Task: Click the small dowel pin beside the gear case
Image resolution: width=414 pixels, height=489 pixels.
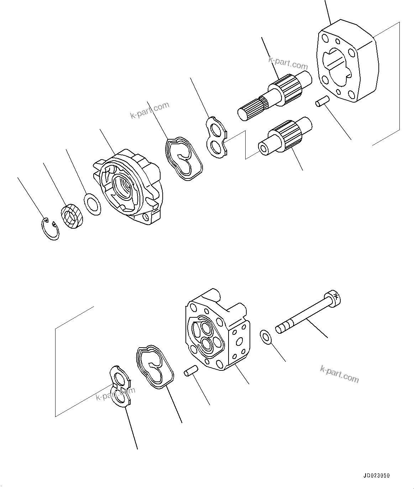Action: (321, 102)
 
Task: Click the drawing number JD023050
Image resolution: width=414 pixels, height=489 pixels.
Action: (377, 475)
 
